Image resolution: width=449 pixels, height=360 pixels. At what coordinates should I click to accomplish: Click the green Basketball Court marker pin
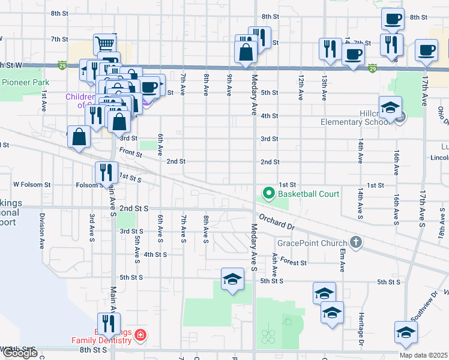click(x=268, y=194)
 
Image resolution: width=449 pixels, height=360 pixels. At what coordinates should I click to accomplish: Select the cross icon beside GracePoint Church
click(x=356, y=242)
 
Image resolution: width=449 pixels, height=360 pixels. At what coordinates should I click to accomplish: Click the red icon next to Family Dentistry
click(x=140, y=334)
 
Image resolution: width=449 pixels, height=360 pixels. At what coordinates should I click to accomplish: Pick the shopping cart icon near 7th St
click(x=105, y=43)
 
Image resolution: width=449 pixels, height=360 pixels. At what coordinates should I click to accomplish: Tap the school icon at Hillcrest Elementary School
click(x=390, y=107)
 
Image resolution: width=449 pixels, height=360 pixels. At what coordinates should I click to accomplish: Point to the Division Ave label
click(x=42, y=229)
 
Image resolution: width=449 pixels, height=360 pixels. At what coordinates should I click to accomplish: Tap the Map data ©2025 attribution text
click(x=423, y=355)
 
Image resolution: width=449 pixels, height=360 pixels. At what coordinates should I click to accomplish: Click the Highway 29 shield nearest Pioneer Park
click(x=62, y=65)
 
